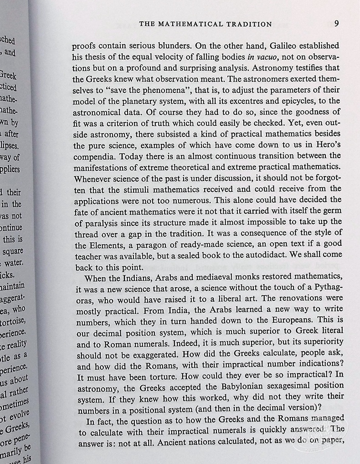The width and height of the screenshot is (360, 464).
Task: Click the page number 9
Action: [x=336, y=24]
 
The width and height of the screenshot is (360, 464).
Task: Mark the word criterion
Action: [x=124, y=123]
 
